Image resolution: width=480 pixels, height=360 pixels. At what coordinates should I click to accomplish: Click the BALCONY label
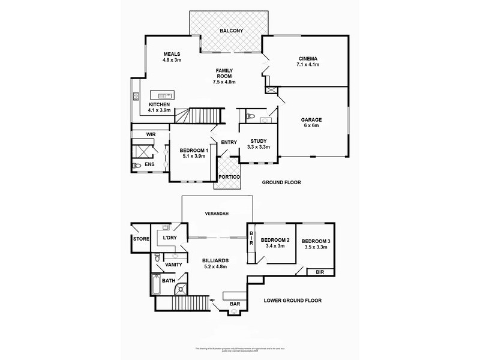click(231, 30)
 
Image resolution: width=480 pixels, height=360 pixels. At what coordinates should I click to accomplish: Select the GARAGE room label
click(311, 119)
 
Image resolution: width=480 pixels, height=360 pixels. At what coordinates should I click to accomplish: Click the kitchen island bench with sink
click(162, 95)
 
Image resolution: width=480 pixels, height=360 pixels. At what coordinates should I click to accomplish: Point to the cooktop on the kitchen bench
click(136, 97)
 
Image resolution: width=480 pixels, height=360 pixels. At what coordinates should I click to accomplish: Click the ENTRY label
click(229, 142)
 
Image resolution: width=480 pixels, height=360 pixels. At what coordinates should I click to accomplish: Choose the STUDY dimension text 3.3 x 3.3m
click(259, 147)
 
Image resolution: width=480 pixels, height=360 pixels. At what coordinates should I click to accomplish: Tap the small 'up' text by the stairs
click(212, 299)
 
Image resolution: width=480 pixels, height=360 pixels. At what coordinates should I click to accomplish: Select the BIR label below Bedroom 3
click(312, 272)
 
